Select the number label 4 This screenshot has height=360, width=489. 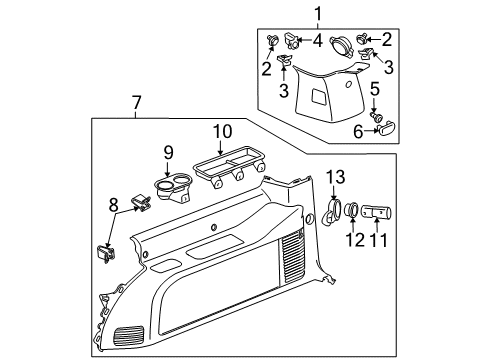[x=316, y=41]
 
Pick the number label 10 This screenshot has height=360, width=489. [x=221, y=130]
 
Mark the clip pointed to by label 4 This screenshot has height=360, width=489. [x=291, y=43]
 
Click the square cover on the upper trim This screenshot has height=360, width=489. [x=319, y=97]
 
